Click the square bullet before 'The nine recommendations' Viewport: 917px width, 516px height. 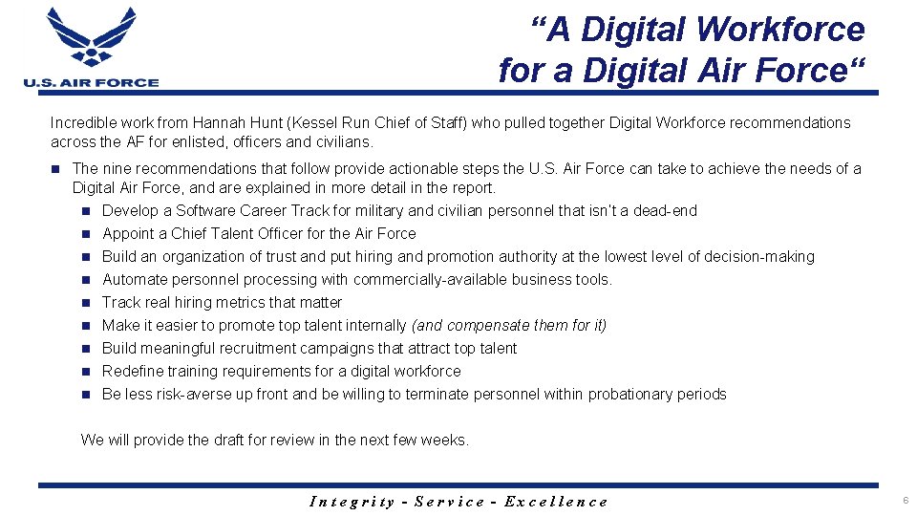[x=56, y=169]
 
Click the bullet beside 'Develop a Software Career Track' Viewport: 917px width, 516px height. [x=85, y=211]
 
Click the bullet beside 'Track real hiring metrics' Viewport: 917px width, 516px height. [x=85, y=303]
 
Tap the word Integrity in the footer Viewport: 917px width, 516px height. [x=352, y=501]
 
